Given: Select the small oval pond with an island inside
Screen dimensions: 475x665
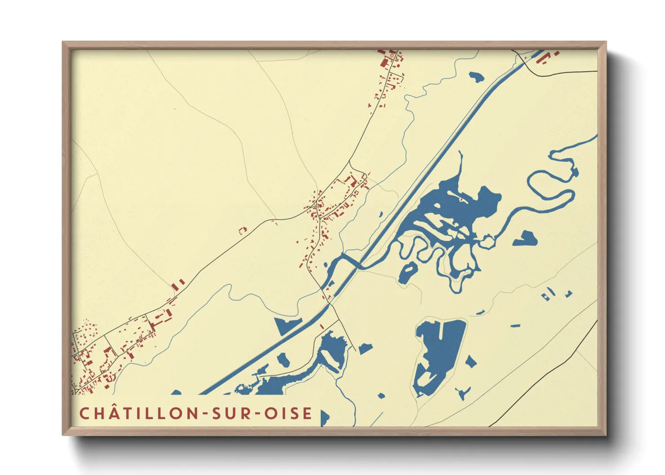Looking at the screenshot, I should coord(408,273).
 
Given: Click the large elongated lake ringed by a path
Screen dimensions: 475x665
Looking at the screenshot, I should coord(438,355).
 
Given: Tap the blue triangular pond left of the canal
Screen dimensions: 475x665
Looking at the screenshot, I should coord(286,325).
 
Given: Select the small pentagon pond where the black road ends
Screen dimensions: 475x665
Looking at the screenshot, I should coord(365,348).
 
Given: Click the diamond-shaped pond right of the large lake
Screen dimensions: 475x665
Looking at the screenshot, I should coord(470,362).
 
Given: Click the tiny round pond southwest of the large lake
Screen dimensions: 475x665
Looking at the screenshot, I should coord(381,396).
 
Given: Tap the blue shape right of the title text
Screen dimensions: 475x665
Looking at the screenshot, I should coord(324,417).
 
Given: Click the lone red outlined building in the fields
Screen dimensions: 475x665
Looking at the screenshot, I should coord(243,230).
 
